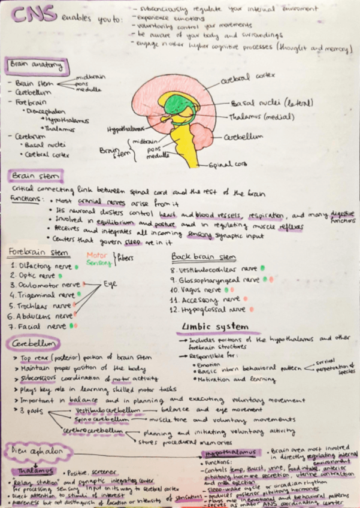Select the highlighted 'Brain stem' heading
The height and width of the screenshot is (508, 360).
[x=36, y=176]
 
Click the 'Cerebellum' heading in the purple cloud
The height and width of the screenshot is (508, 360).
[x=34, y=344]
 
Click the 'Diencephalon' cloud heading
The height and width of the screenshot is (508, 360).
[x=38, y=450]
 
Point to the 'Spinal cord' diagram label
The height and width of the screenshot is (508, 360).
[x=228, y=164]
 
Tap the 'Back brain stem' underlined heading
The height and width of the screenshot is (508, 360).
[x=195, y=256]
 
